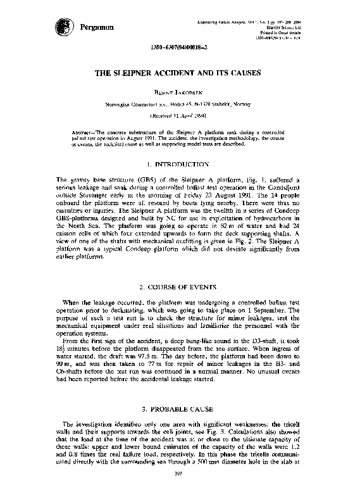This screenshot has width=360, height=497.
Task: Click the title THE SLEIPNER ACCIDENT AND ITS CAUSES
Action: pyautogui.click(x=180, y=73)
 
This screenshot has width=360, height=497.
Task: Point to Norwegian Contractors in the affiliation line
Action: pyautogui.click(x=133, y=105)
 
